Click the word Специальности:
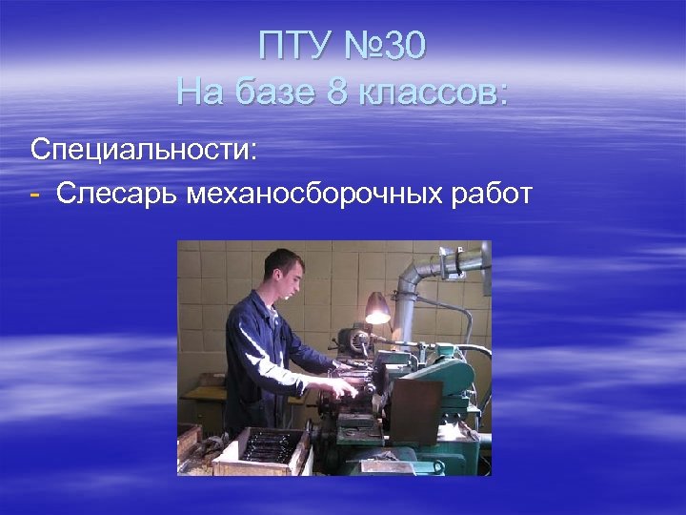point(143,150)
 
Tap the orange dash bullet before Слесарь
point(35,194)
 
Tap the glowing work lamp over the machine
point(378,310)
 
